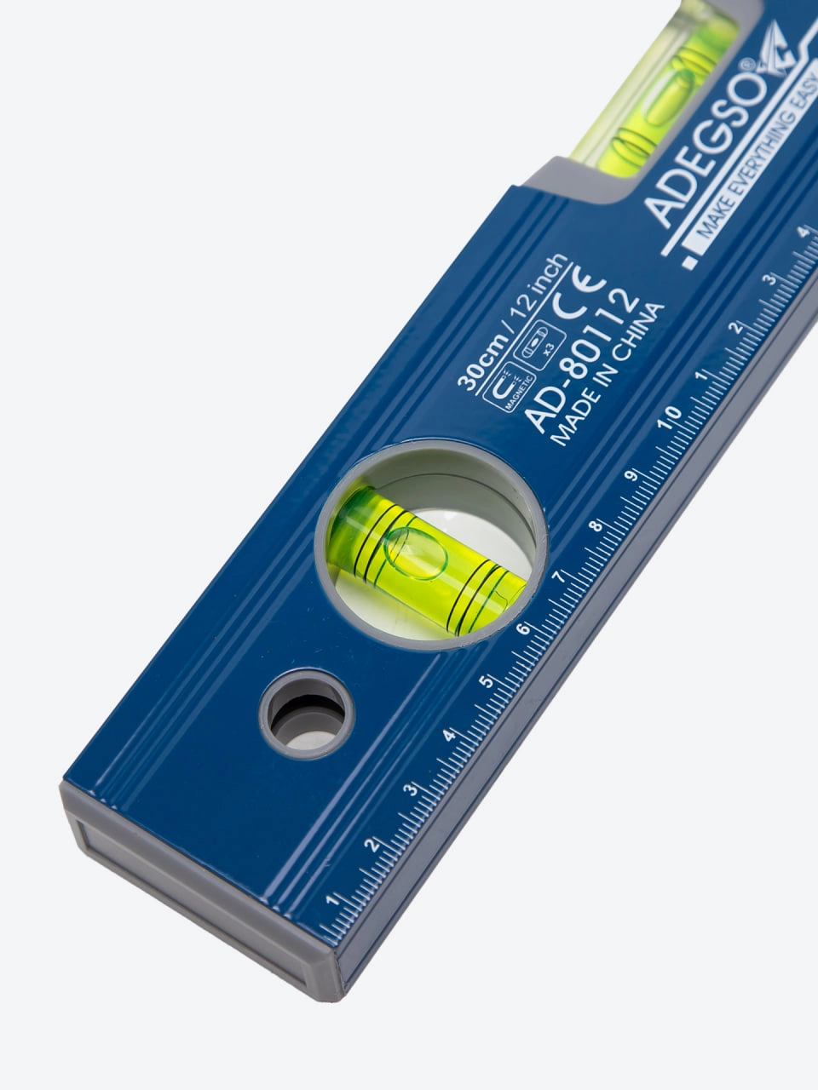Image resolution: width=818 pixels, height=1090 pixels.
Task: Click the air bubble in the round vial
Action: (415, 554)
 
